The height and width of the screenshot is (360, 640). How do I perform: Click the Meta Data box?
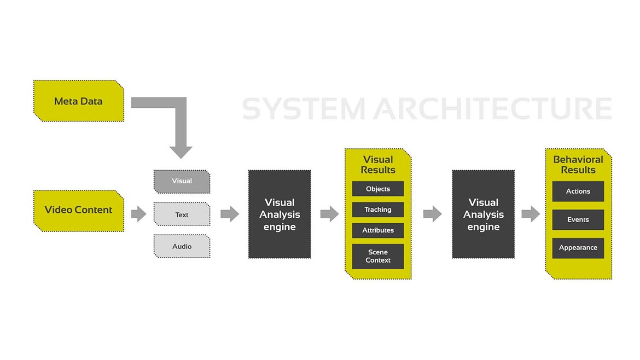click(78, 101)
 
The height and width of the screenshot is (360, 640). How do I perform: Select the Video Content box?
click(78, 210)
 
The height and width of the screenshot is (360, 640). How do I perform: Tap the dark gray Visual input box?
click(182, 181)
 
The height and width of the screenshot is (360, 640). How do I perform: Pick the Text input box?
click(182, 214)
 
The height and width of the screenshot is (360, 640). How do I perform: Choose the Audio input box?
click(182, 246)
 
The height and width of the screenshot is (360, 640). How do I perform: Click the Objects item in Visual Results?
click(378, 189)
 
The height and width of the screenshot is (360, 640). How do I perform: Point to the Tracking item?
click(378, 210)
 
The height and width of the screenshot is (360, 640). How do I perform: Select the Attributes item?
click(378, 230)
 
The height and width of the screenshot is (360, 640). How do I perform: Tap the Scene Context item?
click(378, 256)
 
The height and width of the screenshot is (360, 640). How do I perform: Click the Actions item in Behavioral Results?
click(578, 191)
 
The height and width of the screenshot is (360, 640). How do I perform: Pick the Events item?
click(578, 219)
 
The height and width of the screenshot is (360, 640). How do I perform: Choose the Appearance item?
click(578, 248)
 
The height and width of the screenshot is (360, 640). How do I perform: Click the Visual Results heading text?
click(378, 165)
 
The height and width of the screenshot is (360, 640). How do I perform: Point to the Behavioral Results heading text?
click(578, 165)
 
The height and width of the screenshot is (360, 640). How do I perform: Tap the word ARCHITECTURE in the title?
click(493, 108)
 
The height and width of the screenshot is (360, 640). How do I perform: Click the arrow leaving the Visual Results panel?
click(432, 214)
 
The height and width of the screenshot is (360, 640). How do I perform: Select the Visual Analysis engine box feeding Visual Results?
click(280, 214)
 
